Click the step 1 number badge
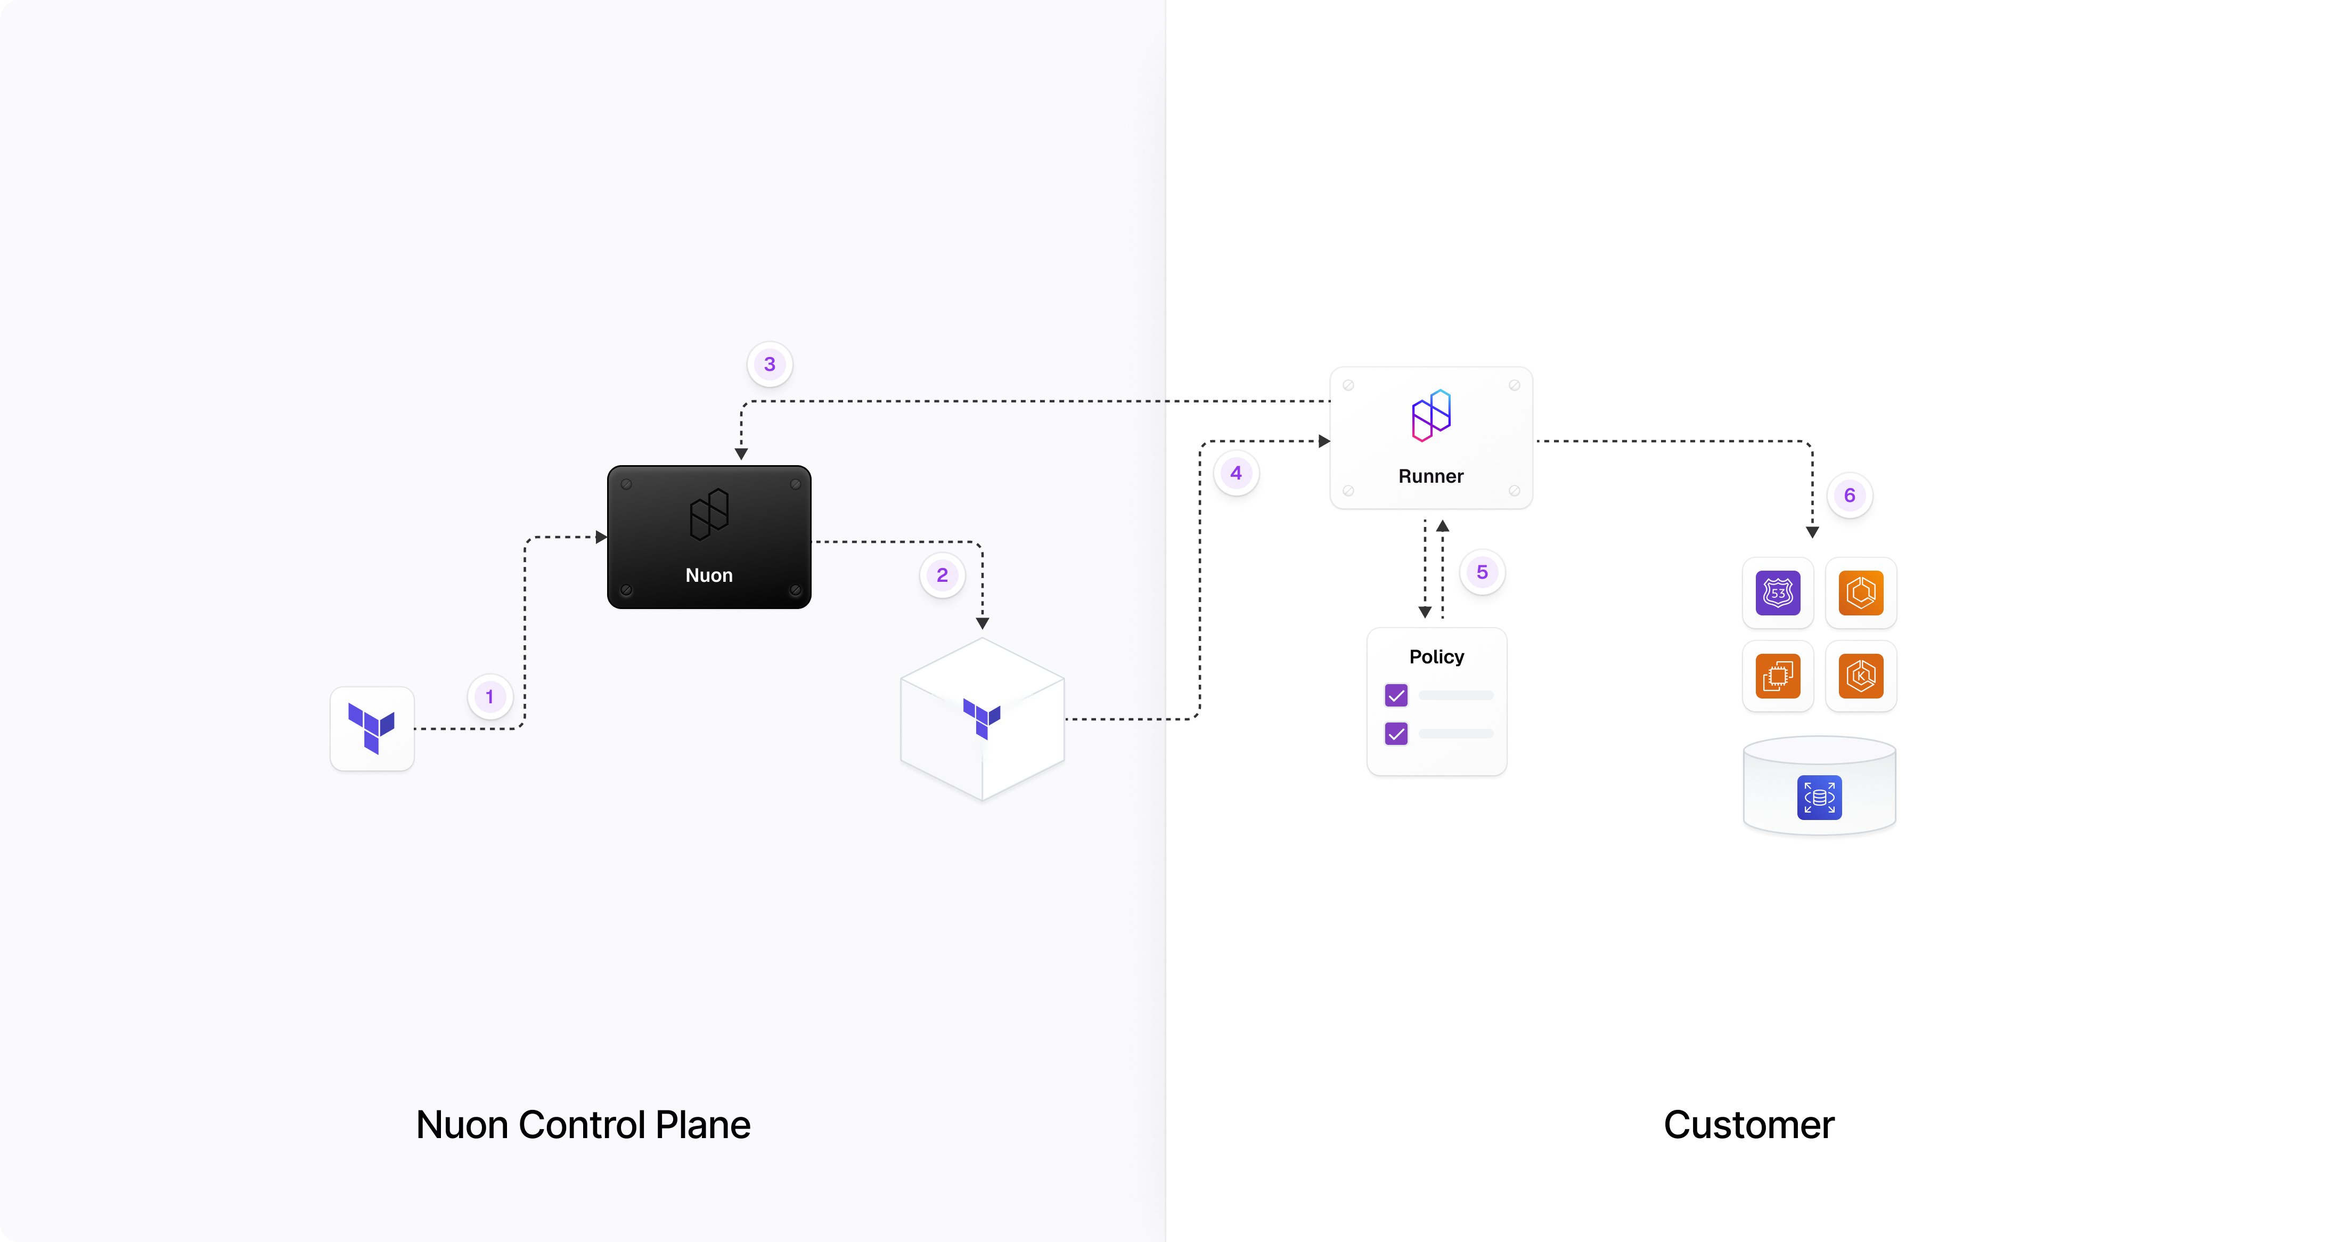point(489,697)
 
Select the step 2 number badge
point(942,575)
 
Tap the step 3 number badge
point(769,364)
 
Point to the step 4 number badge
point(1236,473)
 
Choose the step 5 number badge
point(1482,572)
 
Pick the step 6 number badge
point(1850,495)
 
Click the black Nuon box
point(708,537)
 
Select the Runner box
point(1430,438)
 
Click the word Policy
point(1436,656)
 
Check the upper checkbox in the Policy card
point(1396,695)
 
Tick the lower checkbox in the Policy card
point(1396,733)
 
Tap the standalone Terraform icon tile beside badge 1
point(372,729)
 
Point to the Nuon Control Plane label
point(583,1124)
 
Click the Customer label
point(1748,1124)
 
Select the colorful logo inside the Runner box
point(1430,416)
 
